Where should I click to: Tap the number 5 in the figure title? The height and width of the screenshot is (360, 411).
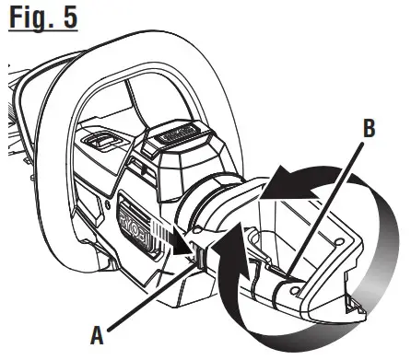coord(67,17)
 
